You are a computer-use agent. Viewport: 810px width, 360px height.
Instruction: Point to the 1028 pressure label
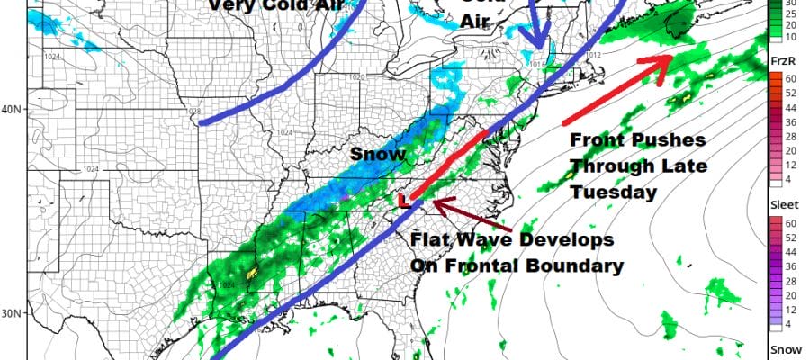[193, 112]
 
